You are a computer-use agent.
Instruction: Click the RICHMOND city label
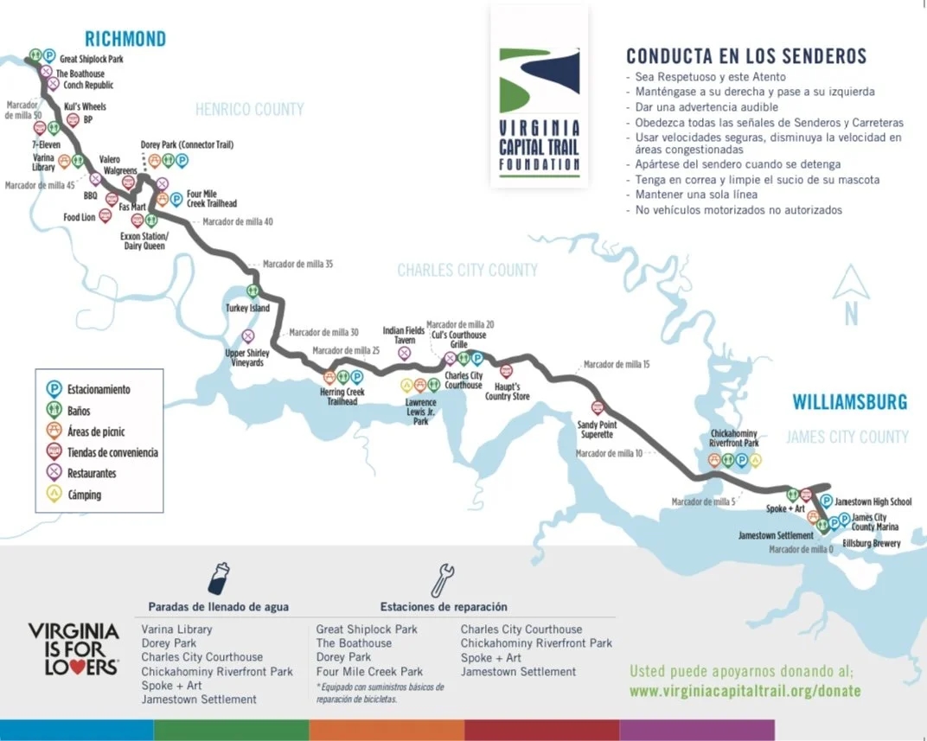tap(125, 39)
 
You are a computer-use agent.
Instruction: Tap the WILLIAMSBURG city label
tap(850, 402)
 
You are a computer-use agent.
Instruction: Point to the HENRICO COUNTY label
tap(249, 110)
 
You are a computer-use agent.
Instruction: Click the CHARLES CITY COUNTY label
tap(467, 271)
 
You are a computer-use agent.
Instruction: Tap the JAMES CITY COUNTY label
tap(847, 438)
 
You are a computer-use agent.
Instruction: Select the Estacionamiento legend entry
tap(98, 390)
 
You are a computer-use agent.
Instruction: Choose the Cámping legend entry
tap(84, 495)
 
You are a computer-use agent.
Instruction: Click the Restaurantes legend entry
tap(91, 474)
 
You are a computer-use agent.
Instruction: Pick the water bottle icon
tap(219, 579)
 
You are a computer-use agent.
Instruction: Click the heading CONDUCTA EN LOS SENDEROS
tap(745, 57)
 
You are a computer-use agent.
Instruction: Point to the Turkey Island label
tap(247, 309)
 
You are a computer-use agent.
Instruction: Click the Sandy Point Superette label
tap(597, 429)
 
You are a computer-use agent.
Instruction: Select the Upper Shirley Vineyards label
tap(247, 357)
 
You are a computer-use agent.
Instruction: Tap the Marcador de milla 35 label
tap(297, 264)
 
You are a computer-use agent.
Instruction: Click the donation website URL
tap(745, 692)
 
